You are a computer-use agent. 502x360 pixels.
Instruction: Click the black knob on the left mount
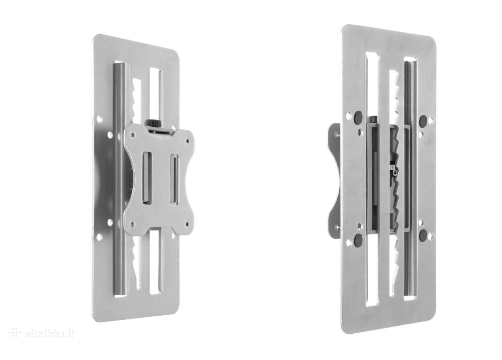(153, 123)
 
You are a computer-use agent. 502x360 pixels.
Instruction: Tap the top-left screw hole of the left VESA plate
(133, 135)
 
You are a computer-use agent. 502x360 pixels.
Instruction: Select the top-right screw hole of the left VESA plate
(188, 141)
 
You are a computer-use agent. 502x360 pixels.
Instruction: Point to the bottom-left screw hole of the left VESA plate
(133, 224)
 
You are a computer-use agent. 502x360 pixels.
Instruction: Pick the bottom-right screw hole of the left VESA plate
(187, 224)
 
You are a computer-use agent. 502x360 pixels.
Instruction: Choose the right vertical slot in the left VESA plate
(174, 180)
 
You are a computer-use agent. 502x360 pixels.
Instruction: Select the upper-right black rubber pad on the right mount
(423, 121)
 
